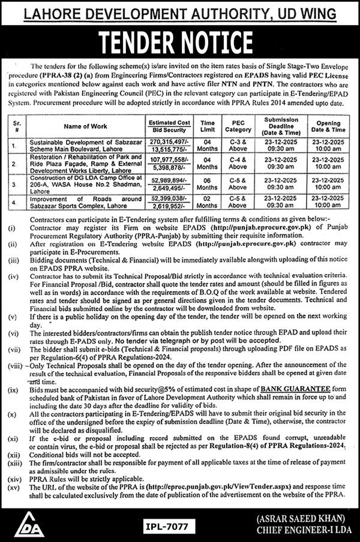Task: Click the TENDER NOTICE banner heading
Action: (179, 43)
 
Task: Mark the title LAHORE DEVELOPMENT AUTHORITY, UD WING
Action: (179, 11)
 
